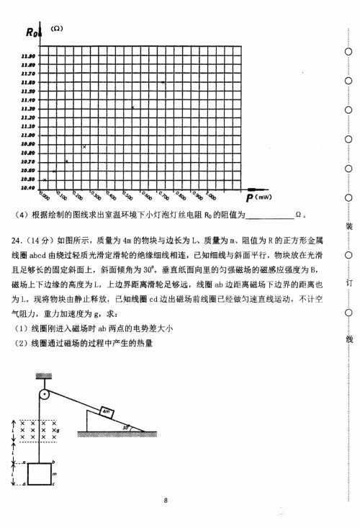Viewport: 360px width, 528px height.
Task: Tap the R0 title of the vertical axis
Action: click(x=34, y=31)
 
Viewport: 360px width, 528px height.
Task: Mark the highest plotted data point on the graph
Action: click(x=163, y=83)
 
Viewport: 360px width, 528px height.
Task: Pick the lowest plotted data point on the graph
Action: click(x=45, y=179)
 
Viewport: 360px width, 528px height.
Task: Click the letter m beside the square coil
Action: click(x=55, y=475)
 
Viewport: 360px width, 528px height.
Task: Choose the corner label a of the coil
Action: click(x=24, y=462)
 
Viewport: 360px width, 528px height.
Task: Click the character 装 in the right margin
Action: click(x=348, y=227)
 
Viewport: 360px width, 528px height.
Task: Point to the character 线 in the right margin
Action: click(x=348, y=339)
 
